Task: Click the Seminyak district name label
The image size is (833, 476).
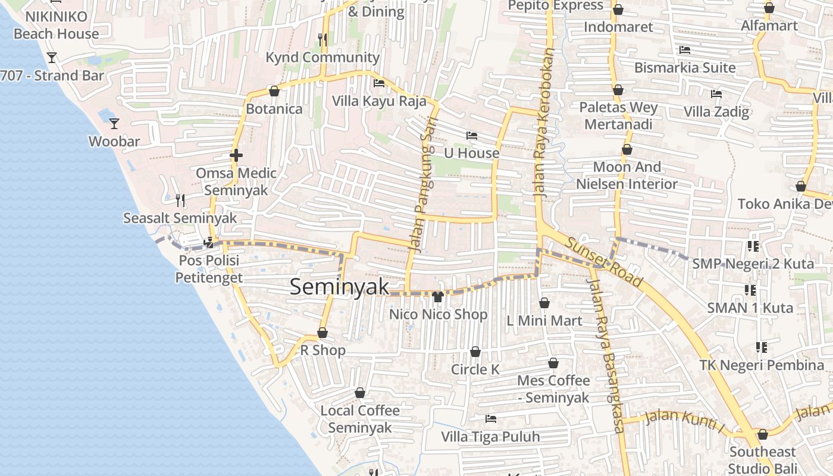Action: [x=339, y=287]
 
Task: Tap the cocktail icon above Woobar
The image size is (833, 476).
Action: [x=114, y=124]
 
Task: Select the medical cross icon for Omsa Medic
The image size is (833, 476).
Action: [x=236, y=156]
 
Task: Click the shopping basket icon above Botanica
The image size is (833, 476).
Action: [x=274, y=92]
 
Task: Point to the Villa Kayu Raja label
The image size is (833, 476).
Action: [x=379, y=101]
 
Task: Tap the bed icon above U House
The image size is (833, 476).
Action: [x=472, y=136]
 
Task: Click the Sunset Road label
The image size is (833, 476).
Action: [x=603, y=262]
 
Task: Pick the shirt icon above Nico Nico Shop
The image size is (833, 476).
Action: [x=439, y=296]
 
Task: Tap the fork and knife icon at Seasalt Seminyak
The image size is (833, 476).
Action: [x=181, y=200]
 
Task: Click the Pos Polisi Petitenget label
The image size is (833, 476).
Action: [x=209, y=269]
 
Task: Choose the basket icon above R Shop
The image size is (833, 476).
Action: [x=322, y=333]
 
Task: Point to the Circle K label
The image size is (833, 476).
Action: [x=475, y=369]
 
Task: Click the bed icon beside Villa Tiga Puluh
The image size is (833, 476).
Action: [x=491, y=419]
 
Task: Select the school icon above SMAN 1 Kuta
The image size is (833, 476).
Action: [x=750, y=290]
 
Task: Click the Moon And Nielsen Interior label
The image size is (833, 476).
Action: [x=627, y=176]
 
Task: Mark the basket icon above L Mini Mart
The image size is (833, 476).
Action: [x=544, y=303]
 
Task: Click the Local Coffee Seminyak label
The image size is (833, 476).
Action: [x=360, y=419]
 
